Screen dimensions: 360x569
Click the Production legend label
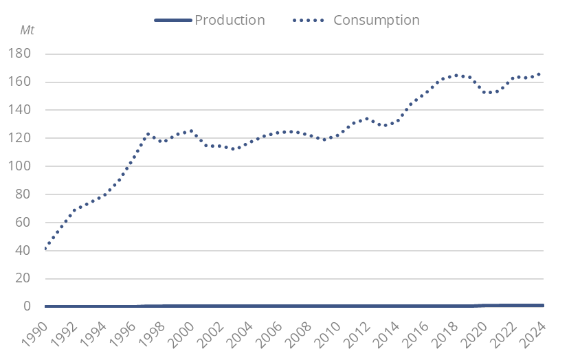click(x=230, y=20)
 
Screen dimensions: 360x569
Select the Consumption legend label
click(x=376, y=20)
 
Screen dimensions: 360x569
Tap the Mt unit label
click(x=27, y=32)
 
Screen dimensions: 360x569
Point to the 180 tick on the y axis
click(x=25, y=54)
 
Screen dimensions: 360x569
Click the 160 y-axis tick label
click(x=25, y=82)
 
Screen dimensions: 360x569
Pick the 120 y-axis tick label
click(x=25, y=138)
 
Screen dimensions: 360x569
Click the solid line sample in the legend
click(x=172, y=21)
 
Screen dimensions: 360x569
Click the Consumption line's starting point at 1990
click(x=45, y=248)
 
